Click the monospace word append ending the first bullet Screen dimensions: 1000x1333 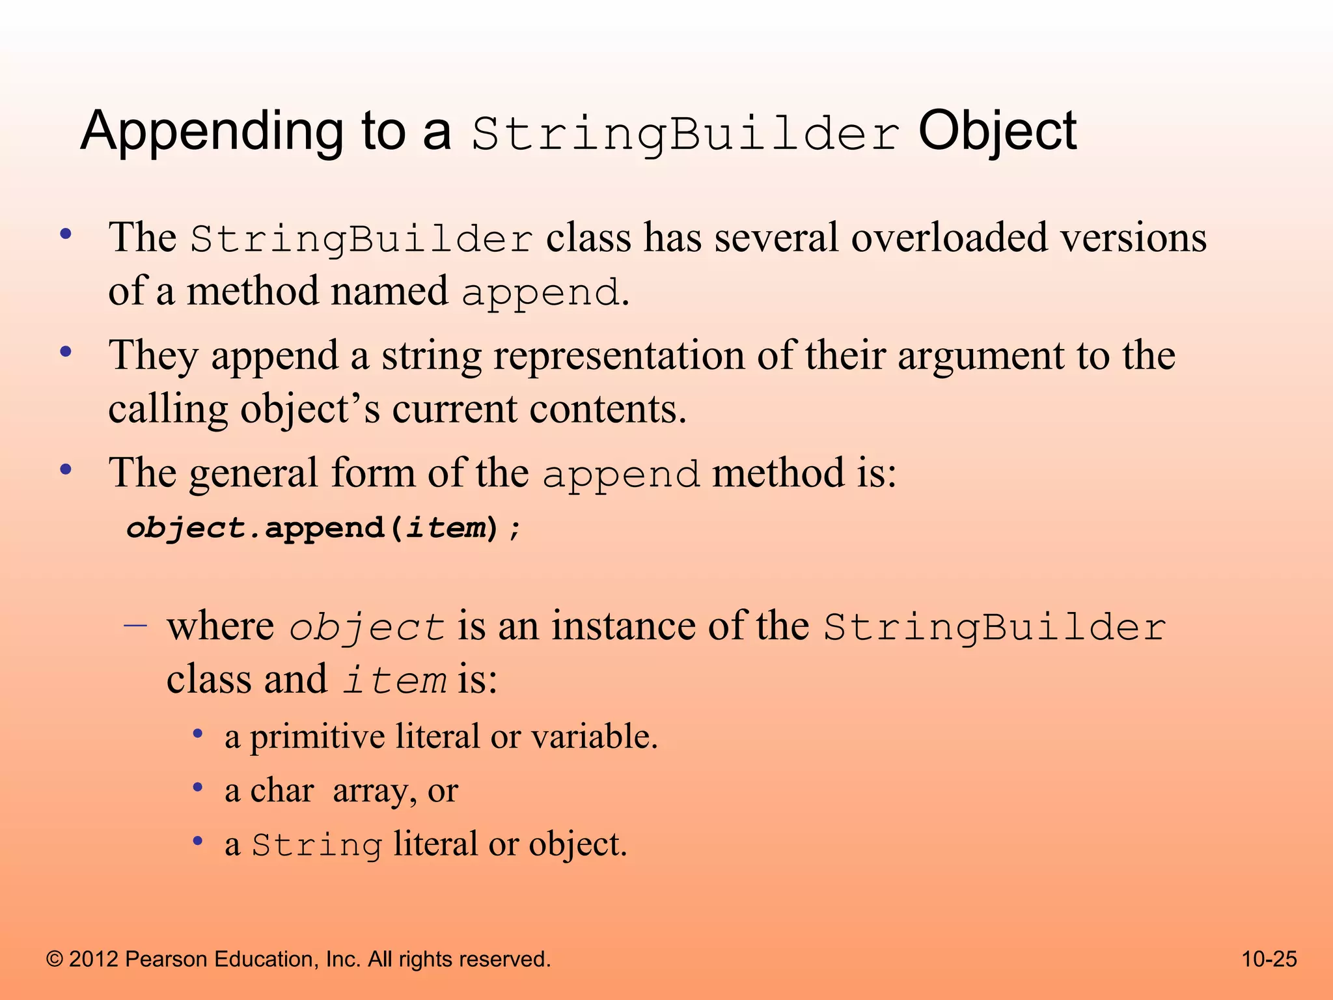(x=540, y=292)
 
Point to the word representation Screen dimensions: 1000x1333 (x=618, y=356)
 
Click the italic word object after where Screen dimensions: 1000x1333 (x=366, y=628)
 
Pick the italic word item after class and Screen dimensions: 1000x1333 (x=394, y=681)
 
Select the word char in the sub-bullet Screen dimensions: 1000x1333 (x=281, y=791)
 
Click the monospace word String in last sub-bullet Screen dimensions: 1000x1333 (x=317, y=846)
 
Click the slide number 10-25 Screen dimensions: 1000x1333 (x=1269, y=959)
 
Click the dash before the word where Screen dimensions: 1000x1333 (x=135, y=626)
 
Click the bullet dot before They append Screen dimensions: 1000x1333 (x=65, y=352)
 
